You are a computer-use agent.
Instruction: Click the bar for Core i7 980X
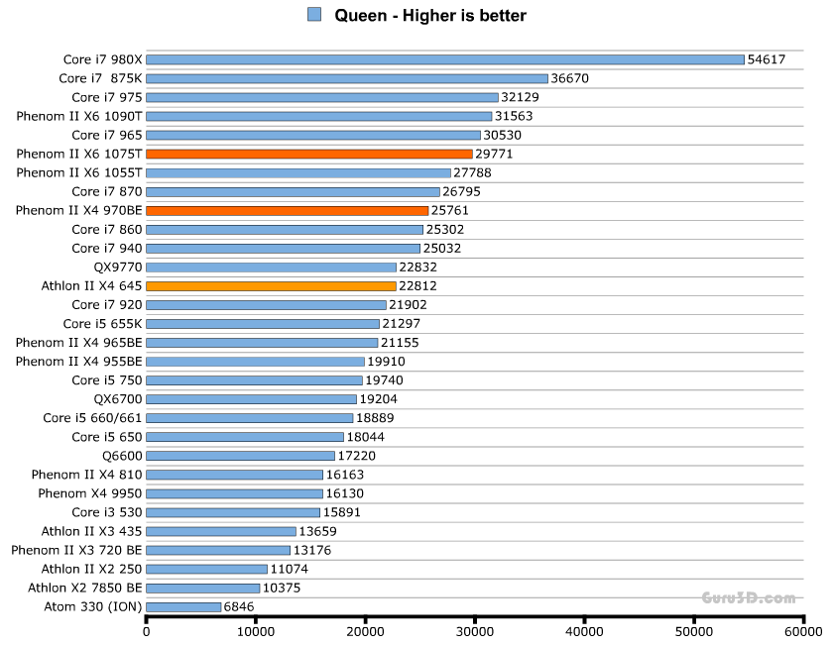(x=444, y=59)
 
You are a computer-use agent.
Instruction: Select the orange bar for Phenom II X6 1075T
(x=309, y=154)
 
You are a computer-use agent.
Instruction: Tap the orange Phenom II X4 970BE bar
(x=287, y=210)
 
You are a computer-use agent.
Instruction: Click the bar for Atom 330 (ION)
(x=183, y=606)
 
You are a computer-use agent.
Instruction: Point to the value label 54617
(x=767, y=59)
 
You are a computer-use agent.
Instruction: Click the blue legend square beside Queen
(x=314, y=15)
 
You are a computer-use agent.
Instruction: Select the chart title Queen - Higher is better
(x=430, y=15)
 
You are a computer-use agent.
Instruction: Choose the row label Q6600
(x=122, y=456)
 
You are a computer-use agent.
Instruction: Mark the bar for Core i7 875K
(x=346, y=78)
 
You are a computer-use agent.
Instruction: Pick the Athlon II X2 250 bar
(x=206, y=569)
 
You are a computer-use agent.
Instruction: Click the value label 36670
(x=570, y=78)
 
